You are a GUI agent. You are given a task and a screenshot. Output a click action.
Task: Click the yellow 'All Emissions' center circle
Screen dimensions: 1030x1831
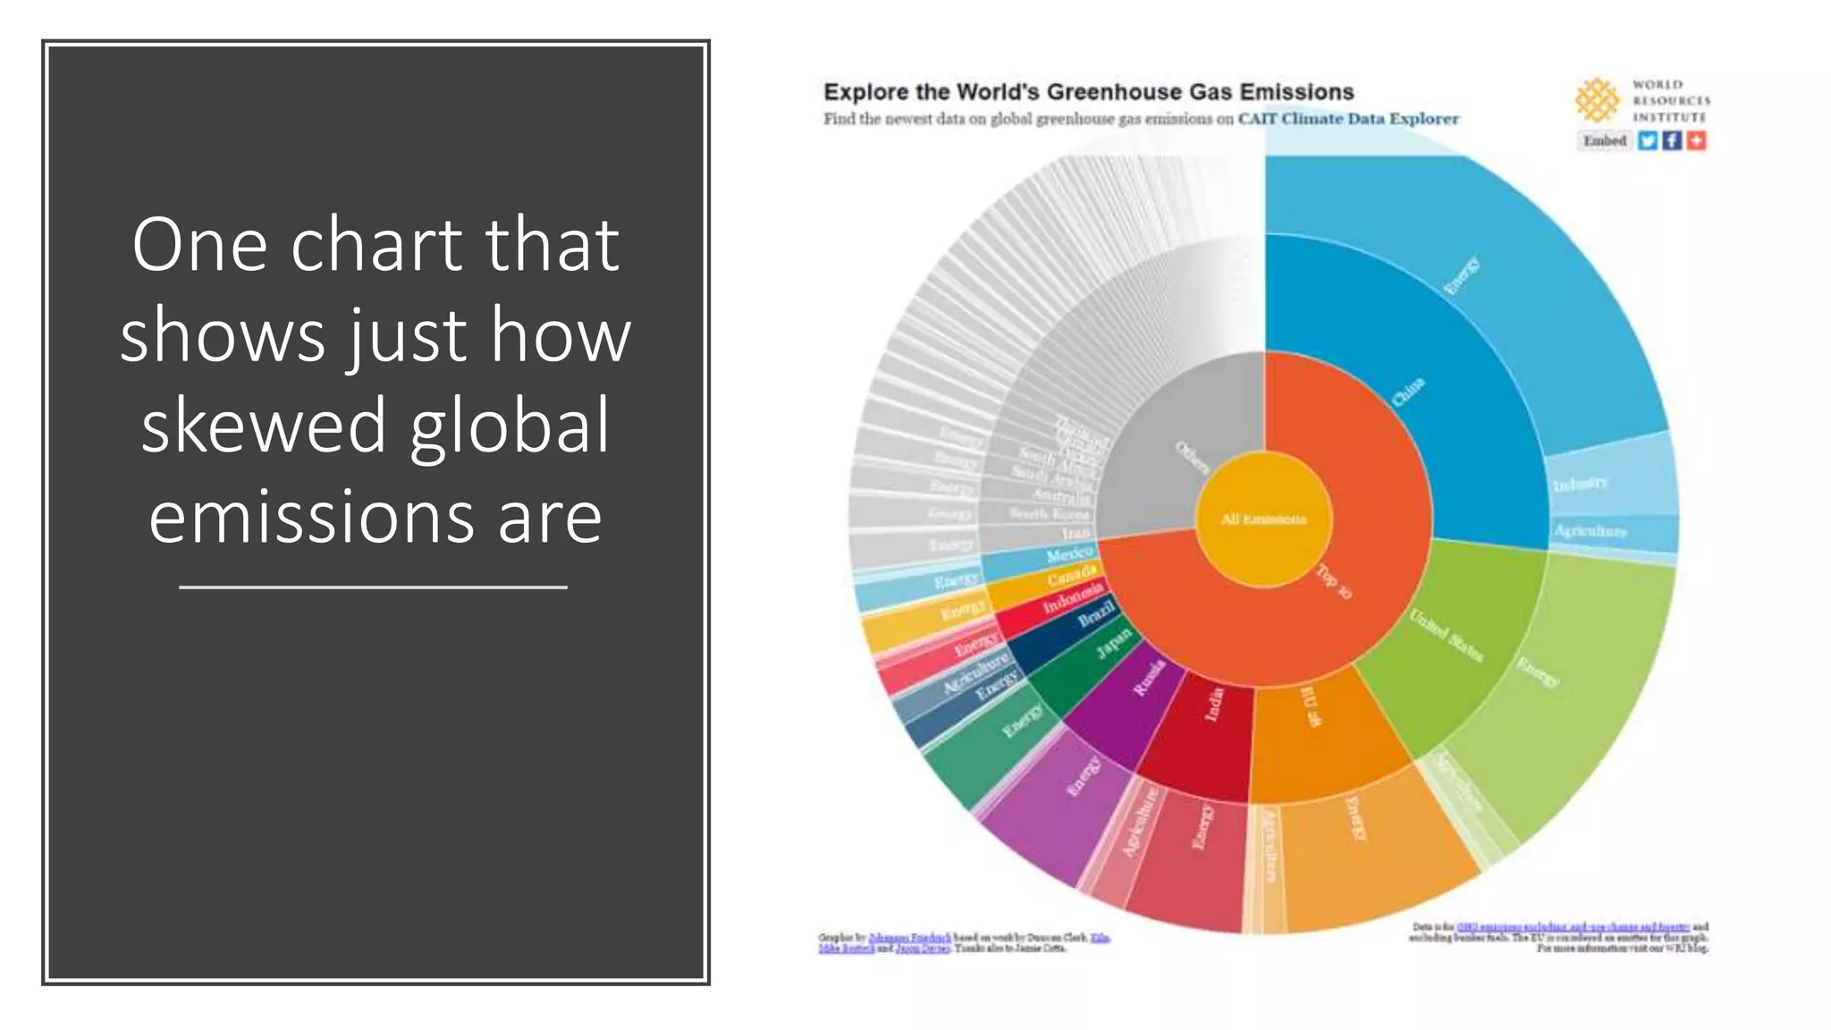[x=1263, y=519]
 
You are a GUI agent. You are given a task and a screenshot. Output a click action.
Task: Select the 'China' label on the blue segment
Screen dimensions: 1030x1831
[x=1408, y=392]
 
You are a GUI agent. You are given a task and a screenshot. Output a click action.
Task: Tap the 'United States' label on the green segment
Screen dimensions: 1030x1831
[x=1446, y=635]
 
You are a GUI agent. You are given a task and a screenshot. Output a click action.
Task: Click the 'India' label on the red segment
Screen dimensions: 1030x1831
[x=1213, y=704]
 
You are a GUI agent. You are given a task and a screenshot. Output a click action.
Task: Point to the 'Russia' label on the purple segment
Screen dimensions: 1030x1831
[x=1149, y=677]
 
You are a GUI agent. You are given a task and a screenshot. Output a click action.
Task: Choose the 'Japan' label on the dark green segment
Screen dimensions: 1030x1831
[x=1114, y=643]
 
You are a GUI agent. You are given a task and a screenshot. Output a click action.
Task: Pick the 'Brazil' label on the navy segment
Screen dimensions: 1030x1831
[x=1096, y=614]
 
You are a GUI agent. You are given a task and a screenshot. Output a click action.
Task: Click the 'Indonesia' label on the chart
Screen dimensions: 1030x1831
[x=1073, y=597]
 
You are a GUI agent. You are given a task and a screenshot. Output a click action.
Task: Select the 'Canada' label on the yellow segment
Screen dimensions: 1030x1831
[x=1071, y=577]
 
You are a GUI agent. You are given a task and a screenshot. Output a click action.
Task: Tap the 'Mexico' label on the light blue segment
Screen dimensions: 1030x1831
[x=1069, y=555]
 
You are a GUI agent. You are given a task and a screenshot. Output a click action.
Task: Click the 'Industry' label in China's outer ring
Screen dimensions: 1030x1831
[x=1581, y=484]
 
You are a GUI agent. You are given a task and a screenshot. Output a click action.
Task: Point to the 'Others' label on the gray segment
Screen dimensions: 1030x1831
[x=1192, y=457]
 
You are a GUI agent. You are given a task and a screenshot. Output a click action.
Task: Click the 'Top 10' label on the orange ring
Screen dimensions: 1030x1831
[x=1334, y=581]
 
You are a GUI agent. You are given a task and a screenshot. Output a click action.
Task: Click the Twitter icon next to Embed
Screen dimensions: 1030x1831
[x=1647, y=140]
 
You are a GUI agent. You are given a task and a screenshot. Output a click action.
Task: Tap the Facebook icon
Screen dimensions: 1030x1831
[x=1672, y=140]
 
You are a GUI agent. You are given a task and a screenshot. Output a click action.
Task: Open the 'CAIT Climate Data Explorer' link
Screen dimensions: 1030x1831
[x=1347, y=119]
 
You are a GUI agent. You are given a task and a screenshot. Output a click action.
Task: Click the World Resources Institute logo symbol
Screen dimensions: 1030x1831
[x=1597, y=99]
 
